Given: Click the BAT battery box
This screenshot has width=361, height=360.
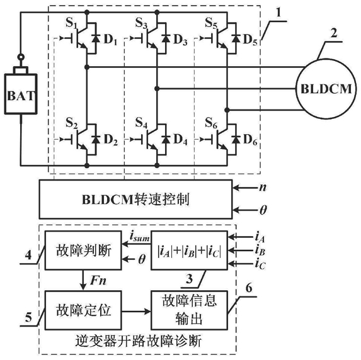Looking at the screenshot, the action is [21, 94].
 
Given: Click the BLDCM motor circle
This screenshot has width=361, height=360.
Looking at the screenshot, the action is [326, 89].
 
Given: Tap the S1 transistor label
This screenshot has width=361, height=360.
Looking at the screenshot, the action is [71, 23].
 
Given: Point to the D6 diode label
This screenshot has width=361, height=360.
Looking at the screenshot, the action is [250, 139].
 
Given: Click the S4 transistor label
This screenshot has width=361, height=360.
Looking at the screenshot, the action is [141, 122].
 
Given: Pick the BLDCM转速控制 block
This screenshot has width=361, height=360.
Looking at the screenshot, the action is [135, 200].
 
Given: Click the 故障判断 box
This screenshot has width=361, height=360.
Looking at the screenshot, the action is [83, 250].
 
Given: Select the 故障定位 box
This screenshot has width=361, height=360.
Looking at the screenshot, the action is [83, 310].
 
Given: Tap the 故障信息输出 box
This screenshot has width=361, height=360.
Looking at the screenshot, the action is [189, 310].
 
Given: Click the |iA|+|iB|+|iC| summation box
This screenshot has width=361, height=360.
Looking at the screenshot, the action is [189, 250].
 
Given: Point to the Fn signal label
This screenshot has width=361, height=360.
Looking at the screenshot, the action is [98, 281].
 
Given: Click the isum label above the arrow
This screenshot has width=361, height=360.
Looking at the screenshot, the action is [139, 237].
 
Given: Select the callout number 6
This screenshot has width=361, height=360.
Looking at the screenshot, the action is [249, 288].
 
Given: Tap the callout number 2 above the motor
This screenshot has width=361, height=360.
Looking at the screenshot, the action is [334, 33].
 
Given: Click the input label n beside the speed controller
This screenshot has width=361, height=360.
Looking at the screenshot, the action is [263, 188].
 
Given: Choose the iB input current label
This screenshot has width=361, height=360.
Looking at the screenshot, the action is [260, 250].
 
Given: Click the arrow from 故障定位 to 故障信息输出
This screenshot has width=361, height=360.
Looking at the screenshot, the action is [136, 312].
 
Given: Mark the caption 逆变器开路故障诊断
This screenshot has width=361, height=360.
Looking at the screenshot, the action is [139, 341].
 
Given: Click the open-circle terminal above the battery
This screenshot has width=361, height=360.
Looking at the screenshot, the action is [21, 57].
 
